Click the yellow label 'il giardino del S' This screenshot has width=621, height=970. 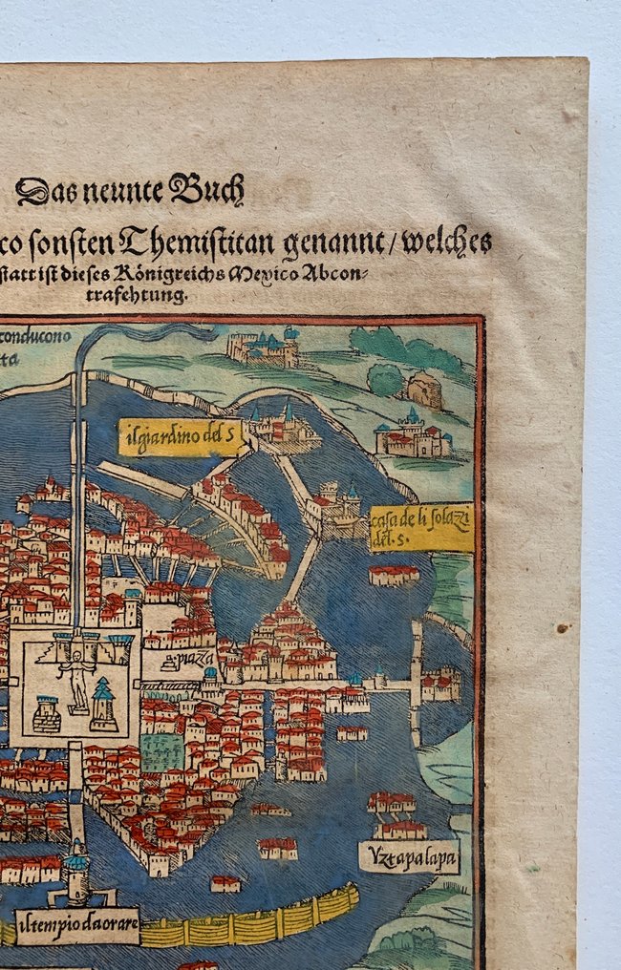[179, 436]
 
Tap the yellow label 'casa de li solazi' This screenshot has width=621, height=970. [420, 528]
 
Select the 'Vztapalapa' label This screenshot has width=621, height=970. [409, 857]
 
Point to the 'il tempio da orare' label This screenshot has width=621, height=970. [77, 924]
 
